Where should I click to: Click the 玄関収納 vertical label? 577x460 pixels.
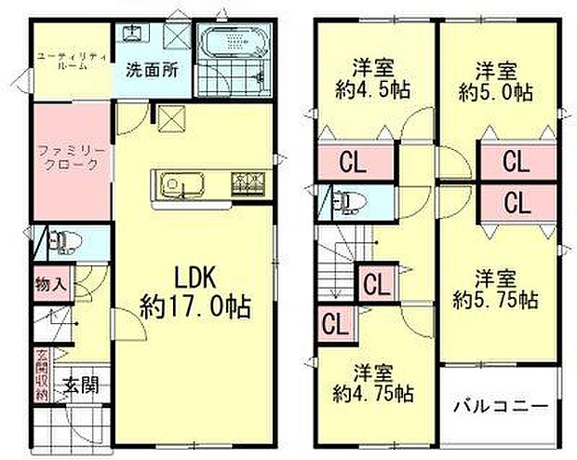click(x=42, y=372)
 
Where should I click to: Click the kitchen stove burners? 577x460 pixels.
click(x=248, y=183)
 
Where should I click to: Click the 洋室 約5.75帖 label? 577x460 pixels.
click(x=496, y=289)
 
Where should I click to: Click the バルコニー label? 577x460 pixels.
click(x=500, y=406)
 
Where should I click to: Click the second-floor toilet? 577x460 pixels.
click(x=350, y=200)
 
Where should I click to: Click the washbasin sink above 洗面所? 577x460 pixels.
click(x=133, y=35)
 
